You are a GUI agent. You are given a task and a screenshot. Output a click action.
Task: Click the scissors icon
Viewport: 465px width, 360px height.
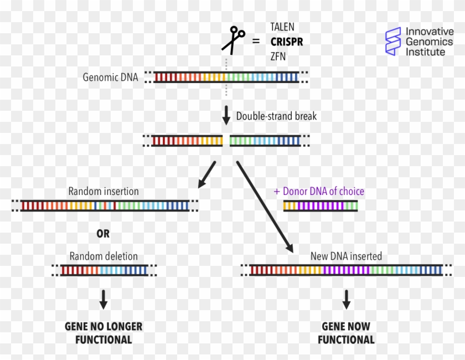(234, 40)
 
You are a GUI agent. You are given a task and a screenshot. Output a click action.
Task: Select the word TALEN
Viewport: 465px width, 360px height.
(282, 27)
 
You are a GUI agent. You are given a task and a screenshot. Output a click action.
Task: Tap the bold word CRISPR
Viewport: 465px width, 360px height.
(286, 42)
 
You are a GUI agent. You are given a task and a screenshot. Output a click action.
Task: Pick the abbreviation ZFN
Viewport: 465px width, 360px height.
(278, 56)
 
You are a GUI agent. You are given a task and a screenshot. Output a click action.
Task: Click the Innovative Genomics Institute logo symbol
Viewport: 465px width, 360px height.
(394, 42)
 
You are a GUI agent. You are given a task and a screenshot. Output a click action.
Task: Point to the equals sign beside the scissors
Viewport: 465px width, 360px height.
(256, 41)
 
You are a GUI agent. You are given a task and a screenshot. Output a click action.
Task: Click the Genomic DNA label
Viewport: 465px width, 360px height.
(110, 77)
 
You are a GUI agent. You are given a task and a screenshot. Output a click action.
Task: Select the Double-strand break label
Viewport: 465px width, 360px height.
(276, 116)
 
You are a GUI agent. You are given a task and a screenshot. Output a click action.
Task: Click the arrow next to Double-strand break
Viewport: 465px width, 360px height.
(226, 116)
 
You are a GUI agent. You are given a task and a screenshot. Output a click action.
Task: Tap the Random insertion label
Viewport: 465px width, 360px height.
(104, 192)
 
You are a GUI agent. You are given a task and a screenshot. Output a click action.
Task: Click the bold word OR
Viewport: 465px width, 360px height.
(104, 234)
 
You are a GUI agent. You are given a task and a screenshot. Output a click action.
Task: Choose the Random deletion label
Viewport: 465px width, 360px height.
(104, 256)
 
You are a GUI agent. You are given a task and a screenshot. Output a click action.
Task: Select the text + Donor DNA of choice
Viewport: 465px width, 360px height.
(319, 192)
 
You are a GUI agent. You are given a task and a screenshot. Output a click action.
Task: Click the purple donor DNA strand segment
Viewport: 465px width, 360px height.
(321, 206)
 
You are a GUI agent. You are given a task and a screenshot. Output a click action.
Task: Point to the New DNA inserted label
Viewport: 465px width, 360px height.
(346, 256)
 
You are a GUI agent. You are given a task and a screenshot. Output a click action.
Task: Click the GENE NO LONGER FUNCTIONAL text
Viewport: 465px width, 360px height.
(104, 333)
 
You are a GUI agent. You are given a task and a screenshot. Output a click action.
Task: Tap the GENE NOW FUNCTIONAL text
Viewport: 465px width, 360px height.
(346, 333)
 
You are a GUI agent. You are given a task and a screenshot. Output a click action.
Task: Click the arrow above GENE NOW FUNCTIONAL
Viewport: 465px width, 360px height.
(347, 299)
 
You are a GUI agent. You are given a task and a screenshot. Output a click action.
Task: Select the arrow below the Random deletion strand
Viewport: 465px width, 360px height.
(104, 299)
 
